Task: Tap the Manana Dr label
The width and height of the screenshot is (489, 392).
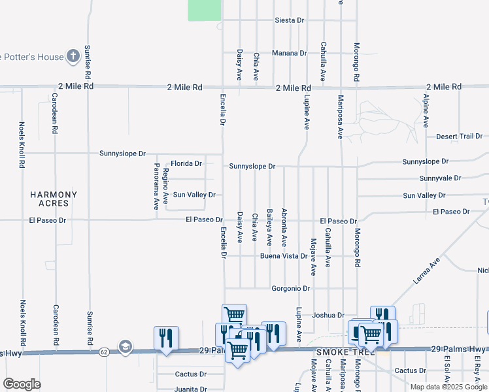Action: click(x=290, y=53)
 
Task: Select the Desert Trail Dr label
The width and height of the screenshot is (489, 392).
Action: click(x=458, y=136)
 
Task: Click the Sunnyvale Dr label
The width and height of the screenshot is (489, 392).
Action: click(x=440, y=178)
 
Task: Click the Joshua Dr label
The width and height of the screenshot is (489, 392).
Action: click(x=328, y=315)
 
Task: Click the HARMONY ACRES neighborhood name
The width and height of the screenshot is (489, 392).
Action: click(x=54, y=199)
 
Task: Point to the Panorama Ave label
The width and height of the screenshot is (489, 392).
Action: click(x=156, y=186)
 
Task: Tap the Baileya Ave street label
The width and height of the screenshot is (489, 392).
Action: click(x=269, y=226)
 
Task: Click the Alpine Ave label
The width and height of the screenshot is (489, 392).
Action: click(x=426, y=110)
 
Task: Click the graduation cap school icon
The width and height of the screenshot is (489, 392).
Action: click(x=125, y=346)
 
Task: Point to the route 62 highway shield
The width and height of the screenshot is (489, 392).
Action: click(x=104, y=351)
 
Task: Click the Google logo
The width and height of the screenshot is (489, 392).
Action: click(x=22, y=384)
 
